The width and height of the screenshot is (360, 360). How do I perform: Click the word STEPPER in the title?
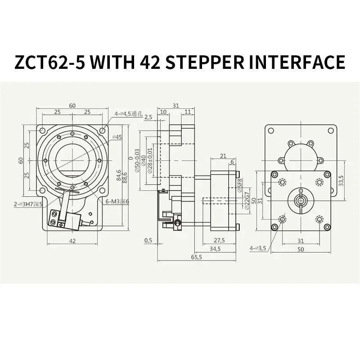205,62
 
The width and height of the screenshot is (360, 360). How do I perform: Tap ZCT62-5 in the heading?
49,62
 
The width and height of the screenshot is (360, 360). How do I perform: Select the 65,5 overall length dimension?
197,257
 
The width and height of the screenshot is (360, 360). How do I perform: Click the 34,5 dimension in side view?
215,249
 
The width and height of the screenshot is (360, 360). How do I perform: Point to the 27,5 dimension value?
219,240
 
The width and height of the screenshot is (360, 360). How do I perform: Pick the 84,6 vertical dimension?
119,175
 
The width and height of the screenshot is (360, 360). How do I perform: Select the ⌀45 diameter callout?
117,137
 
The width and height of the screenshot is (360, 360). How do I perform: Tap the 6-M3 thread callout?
117,202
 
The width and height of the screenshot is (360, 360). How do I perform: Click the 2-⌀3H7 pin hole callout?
28,204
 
